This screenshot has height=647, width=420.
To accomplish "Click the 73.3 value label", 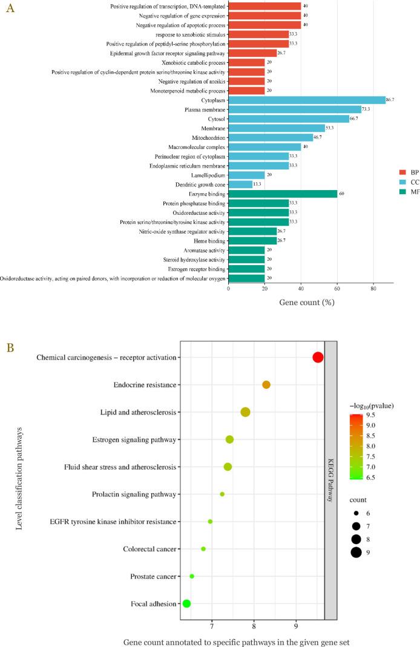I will [x=366, y=109].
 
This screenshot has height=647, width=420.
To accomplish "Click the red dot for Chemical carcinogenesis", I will [x=318, y=358].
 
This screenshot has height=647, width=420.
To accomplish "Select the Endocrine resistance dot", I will [x=266, y=385].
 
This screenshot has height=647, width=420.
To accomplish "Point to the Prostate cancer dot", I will [x=192, y=576].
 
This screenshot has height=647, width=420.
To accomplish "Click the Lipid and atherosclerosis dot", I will [x=245, y=412].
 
